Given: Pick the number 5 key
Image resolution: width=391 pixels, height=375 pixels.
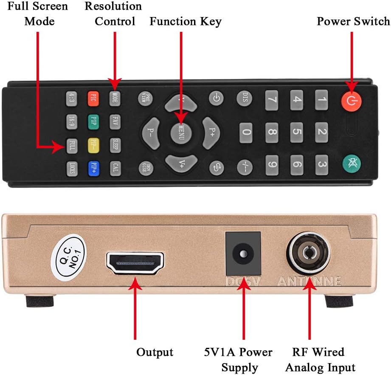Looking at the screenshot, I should pos(297,133).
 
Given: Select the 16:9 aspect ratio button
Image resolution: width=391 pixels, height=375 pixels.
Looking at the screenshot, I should pos(71,122).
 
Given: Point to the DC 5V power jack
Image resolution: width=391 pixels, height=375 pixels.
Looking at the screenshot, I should pos(242,254).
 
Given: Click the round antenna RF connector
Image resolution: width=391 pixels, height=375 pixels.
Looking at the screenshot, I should pos(309,253).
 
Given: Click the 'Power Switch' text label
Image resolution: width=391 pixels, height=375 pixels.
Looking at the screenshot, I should pos(353,21).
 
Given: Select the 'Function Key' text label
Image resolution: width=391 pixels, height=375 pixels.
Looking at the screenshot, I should pos(186,21).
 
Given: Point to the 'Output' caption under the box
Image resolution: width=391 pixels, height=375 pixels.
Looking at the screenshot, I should pos(155,352).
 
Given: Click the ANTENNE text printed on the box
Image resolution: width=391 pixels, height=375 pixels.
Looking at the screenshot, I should pos(309,281).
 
